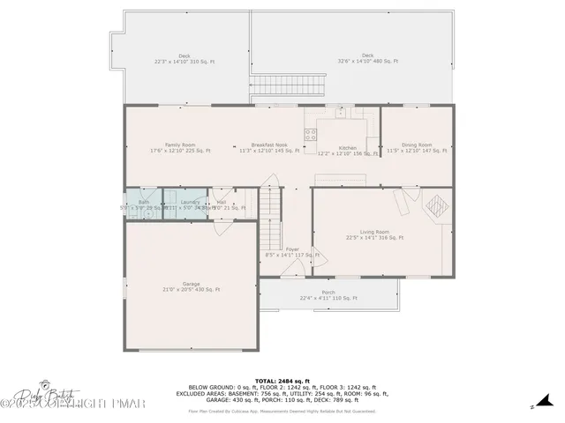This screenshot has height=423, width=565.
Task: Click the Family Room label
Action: point(179,145)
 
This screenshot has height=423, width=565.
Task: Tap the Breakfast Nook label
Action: point(269,145)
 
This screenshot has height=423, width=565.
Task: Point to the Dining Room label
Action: point(417,145)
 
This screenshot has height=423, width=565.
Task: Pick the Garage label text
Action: point(191,284)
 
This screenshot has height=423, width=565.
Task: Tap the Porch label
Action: point(328,293)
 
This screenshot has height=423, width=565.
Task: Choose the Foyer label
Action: point(292,249)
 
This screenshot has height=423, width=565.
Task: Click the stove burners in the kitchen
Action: point(311,135)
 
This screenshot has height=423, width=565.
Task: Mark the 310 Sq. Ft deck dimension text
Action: point(185,62)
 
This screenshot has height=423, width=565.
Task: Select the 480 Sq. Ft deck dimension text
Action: point(368,62)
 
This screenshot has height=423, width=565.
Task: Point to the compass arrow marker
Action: point(533,406)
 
